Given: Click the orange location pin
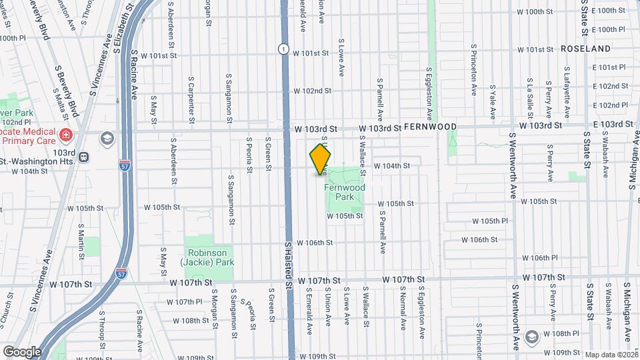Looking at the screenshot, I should [321, 160].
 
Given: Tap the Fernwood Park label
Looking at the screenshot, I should [345, 193].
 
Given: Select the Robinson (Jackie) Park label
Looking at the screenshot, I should [211, 257].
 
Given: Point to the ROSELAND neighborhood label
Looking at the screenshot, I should [585, 49].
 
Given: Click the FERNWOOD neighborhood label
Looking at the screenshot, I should [431, 127].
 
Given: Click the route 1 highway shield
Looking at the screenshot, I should [284, 49].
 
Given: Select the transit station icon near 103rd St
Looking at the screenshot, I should [83, 157].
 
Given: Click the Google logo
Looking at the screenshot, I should [23, 351].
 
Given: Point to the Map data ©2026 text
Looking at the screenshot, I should [611, 355].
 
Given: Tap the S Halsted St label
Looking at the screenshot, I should [289, 265].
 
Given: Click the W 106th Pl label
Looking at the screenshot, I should [540, 258].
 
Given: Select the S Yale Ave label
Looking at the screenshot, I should [492, 97].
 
